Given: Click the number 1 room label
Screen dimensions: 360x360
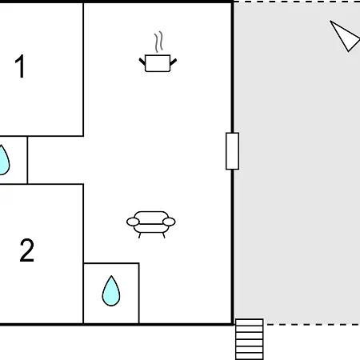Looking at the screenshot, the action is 20,66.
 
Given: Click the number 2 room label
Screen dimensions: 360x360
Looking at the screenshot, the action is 27,250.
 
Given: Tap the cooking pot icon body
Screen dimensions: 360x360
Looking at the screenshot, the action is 158,63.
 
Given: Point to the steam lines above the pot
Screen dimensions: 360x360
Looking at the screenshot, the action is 158,42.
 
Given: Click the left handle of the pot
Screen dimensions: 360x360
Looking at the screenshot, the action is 142,62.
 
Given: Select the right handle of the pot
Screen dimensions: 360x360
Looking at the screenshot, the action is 174,62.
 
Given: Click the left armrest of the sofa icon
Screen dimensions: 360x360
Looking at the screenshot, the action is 133,222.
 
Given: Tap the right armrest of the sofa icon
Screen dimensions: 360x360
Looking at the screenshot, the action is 169,222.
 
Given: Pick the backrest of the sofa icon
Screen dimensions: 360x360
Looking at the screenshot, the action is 151,214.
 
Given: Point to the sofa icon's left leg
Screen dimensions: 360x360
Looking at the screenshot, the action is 139,235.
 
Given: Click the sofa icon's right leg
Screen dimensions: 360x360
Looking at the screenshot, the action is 163,235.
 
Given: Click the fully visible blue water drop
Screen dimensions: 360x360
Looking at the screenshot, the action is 111,291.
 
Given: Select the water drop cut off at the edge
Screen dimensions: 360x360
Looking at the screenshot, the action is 4,160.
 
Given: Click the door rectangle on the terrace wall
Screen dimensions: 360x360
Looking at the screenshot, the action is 232,151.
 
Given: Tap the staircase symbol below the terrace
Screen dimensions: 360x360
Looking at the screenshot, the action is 250,339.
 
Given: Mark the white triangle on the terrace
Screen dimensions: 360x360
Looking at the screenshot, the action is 344,36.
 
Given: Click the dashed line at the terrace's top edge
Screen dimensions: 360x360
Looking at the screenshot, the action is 297,2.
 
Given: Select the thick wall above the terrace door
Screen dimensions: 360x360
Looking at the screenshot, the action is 233,67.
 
